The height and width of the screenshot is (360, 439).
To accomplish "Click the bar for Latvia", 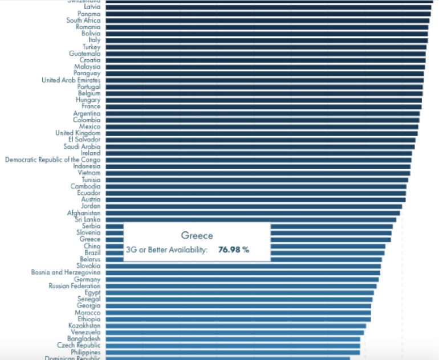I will click(x=268, y=7).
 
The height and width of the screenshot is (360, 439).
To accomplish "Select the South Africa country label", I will click(x=83, y=21).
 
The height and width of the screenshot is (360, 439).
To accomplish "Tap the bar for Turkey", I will click(x=265, y=47).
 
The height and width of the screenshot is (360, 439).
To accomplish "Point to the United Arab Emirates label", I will click(x=71, y=80).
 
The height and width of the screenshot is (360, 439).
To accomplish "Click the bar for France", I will click(x=262, y=107).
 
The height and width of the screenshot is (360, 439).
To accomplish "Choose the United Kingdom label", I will click(x=78, y=133).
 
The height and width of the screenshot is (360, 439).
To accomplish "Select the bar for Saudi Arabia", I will click(x=259, y=146).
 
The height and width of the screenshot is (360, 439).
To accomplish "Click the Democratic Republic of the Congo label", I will click(x=52, y=160).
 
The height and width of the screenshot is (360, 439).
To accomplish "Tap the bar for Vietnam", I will click(x=257, y=173).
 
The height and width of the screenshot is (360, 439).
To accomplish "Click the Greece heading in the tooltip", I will click(x=197, y=236).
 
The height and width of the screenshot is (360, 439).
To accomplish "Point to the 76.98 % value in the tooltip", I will click(x=234, y=249).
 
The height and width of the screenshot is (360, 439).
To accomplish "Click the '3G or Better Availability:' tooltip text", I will click(x=166, y=249).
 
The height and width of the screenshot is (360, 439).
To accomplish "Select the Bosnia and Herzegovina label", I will click(x=66, y=273).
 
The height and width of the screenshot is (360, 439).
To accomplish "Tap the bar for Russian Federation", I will click(x=239, y=286).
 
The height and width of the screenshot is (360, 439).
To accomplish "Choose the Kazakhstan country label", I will click(x=84, y=326).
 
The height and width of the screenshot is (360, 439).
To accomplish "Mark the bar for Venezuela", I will click(x=234, y=332).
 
